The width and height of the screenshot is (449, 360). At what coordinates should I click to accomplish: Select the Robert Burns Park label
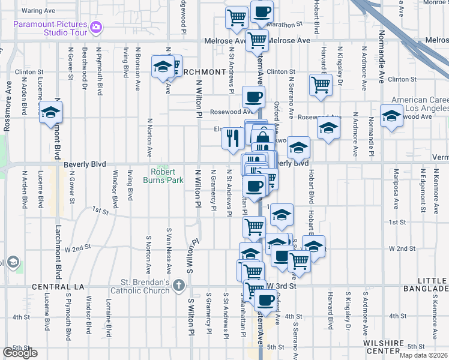[163, 175]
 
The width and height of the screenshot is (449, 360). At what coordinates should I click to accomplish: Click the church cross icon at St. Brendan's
[178, 286]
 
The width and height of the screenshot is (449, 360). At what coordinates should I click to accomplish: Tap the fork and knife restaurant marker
[232, 138]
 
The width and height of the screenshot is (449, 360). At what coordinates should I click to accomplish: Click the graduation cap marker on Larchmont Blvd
[51, 112]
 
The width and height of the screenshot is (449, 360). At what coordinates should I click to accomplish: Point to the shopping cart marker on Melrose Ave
[257, 40]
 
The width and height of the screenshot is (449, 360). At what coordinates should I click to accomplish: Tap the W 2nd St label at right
[402, 248]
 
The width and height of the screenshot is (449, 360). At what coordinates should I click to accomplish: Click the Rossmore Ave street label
[7, 114]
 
